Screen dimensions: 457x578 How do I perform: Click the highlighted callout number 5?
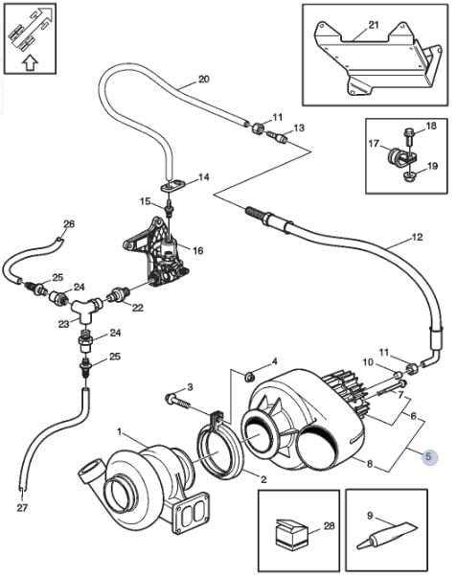(x=428, y=456)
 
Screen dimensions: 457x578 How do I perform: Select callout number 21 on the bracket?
(x=374, y=25)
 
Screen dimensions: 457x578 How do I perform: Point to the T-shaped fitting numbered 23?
(x=86, y=308)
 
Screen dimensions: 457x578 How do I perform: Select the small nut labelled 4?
(x=250, y=377)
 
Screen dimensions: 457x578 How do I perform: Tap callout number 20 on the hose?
(x=204, y=80)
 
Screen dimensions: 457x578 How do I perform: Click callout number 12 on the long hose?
(x=417, y=238)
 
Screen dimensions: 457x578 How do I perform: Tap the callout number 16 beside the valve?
(x=198, y=251)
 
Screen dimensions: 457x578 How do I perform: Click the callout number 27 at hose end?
(x=22, y=508)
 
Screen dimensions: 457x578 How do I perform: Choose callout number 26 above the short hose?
(x=69, y=223)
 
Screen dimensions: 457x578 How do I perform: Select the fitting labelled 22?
(x=118, y=295)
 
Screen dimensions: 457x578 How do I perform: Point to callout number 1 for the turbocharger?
(x=119, y=431)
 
